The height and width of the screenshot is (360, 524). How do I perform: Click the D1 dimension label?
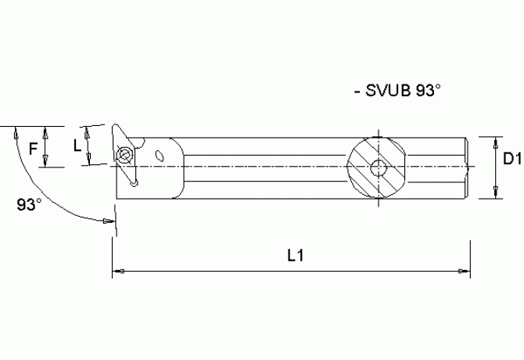pos(511,159)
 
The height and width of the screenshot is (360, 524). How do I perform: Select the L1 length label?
pos(295,255)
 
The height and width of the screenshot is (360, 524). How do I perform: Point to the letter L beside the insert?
pos(76,146)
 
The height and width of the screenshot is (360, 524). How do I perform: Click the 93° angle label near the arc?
pos(29,205)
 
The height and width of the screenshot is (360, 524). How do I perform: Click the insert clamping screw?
pos(124,154)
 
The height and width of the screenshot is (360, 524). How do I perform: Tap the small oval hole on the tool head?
pos(161,156)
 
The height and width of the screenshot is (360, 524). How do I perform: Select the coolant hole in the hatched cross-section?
pos(378,167)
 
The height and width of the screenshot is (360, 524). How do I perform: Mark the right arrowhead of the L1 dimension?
pos(463,272)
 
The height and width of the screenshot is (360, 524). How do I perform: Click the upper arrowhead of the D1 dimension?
pos(493,142)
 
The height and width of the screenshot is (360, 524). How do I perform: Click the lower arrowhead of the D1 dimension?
pos(493,193)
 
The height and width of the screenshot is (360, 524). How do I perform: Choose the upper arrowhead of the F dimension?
pos(48,130)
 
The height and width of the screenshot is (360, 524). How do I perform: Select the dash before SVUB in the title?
pos(357,92)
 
